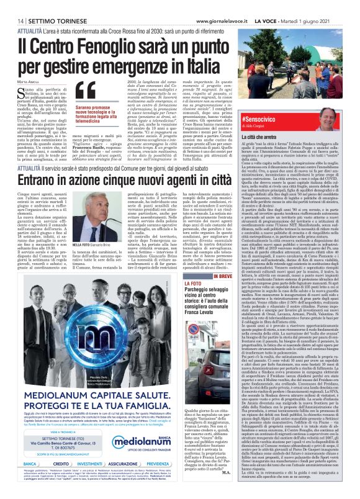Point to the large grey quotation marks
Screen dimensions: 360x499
pyautogui.click(x=86, y=92)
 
